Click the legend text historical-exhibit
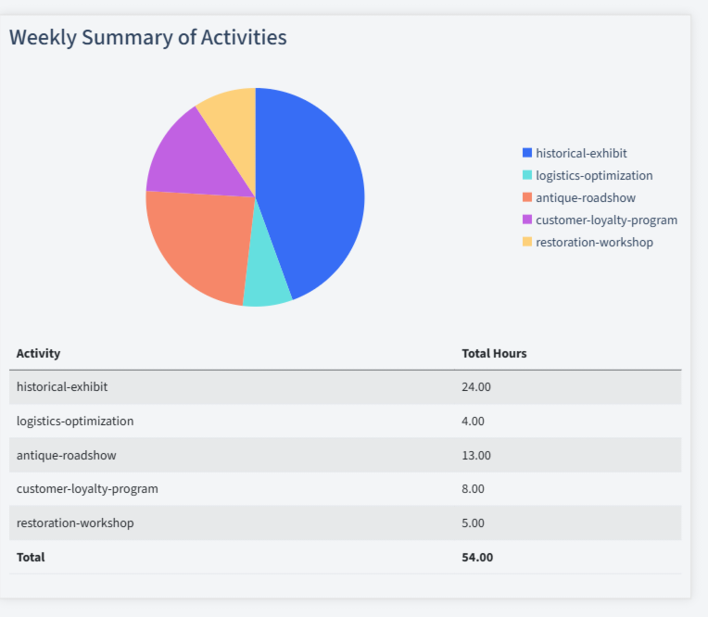point(581,153)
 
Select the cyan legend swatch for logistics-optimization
point(527,175)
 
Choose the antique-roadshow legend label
point(585,197)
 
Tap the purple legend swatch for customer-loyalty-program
point(527,220)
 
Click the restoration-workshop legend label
point(594,242)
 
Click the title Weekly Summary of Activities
point(148,37)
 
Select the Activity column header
point(38,353)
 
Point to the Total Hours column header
point(494,353)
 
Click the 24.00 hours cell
point(476,386)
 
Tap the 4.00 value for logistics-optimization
point(473,421)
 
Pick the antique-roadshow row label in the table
point(66,455)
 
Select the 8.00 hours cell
point(473,488)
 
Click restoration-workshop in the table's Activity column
point(75,523)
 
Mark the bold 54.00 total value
point(477,557)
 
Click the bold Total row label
point(31,557)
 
